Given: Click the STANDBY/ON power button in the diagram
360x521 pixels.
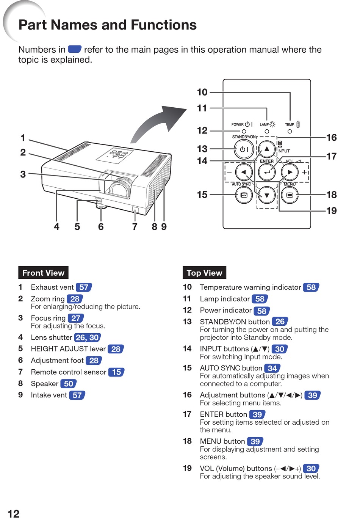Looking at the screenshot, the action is click(243, 149).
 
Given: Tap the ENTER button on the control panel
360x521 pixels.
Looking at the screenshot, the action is click(267, 173).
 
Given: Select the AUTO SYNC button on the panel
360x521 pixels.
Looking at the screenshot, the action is click(244, 195).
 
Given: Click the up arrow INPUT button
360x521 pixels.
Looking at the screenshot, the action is click(267, 149).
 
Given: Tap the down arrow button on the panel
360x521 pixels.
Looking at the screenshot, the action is click(267, 195).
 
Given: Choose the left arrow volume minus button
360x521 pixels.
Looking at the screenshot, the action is click(244, 173).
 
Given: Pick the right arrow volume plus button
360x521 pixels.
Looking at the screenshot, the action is click(290, 173).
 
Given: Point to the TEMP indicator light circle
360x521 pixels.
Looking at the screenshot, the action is click(290, 132).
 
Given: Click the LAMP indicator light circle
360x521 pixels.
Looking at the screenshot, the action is click(267, 132).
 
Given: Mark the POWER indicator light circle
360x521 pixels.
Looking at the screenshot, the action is click(244, 132).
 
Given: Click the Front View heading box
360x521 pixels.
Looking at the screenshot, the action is click(43, 273).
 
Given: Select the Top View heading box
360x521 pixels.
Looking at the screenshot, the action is click(204, 273).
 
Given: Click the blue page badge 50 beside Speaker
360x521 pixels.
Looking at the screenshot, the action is click(69, 383).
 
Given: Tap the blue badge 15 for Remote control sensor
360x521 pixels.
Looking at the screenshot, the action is click(116, 372).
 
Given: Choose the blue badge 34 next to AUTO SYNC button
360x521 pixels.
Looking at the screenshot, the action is click(272, 368).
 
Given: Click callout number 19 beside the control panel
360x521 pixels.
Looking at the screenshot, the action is click(332, 211).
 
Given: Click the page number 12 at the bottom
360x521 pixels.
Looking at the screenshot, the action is click(14, 513).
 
